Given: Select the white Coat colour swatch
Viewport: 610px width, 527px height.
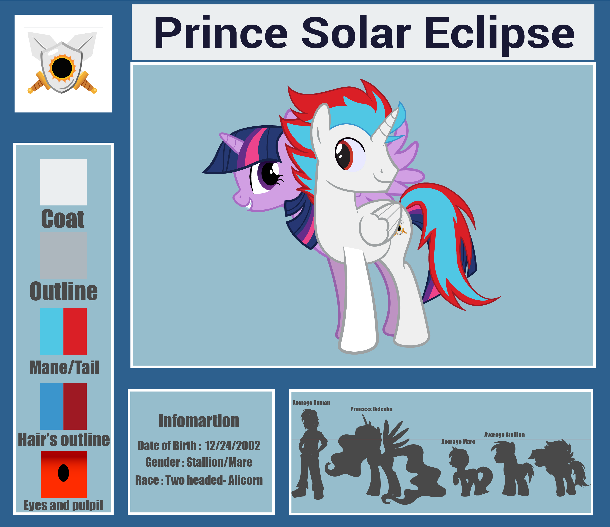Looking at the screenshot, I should pyautogui.click(x=63, y=182).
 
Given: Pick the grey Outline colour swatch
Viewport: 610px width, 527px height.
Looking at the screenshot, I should pyautogui.click(x=63, y=255).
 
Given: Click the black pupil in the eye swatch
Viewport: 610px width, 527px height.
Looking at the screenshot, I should pyautogui.click(x=64, y=473).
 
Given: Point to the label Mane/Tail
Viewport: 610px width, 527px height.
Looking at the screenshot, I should pyautogui.click(x=64, y=368).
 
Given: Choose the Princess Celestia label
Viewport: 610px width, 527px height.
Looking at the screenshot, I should pyautogui.click(x=371, y=409).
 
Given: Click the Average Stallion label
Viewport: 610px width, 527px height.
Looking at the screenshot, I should pyautogui.click(x=504, y=435).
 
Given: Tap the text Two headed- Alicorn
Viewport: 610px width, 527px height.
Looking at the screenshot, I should pyautogui.click(x=214, y=480).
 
